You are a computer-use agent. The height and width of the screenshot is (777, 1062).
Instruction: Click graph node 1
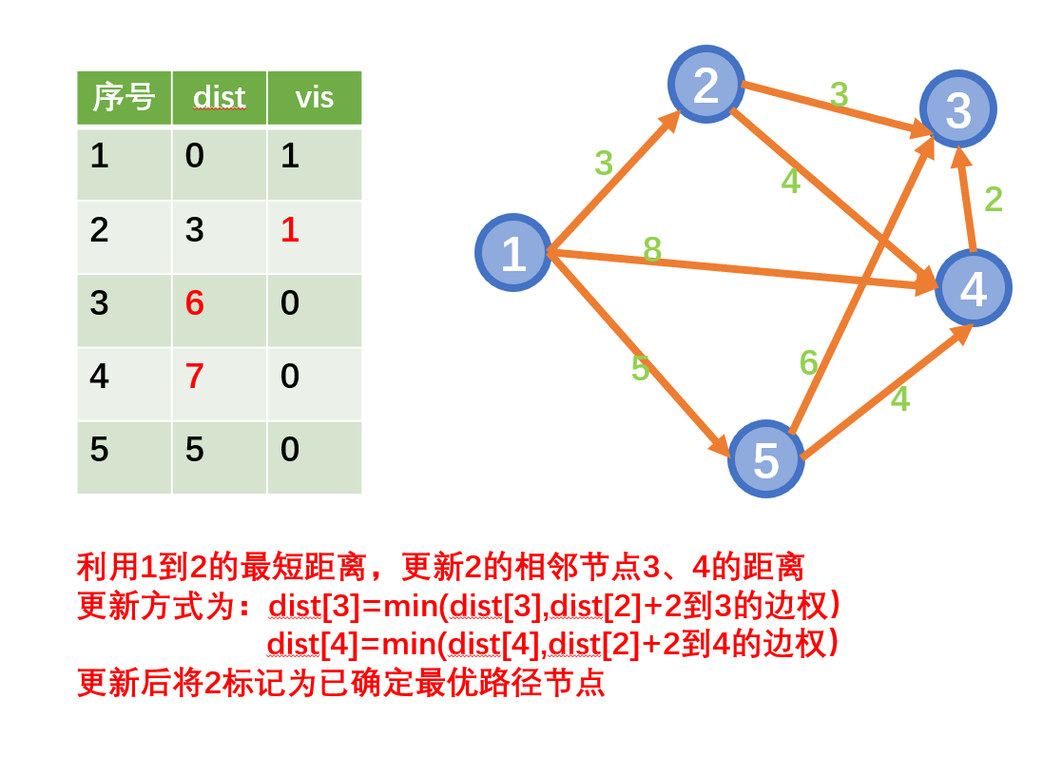point(513,253)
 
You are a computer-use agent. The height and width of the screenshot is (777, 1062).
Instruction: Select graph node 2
point(706,85)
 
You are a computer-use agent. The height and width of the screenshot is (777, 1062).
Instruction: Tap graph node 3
point(957,108)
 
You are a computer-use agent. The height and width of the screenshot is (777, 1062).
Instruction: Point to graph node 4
point(973,288)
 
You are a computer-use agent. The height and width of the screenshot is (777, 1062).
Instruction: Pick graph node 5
point(765,458)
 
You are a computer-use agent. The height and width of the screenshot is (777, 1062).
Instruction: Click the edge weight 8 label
point(652,249)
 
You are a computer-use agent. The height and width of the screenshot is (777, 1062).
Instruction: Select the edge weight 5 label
point(640,368)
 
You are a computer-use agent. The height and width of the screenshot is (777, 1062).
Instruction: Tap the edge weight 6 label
point(809,362)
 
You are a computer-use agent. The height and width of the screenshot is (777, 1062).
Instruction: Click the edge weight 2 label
point(994,199)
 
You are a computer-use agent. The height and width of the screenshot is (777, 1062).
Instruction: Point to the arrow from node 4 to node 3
point(966,200)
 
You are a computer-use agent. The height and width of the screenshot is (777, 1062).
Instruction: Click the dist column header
point(219,97)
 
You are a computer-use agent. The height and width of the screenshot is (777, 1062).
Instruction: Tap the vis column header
point(314,97)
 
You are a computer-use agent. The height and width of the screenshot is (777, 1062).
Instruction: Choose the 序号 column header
point(124,97)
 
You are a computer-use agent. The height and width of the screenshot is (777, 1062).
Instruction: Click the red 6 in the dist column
point(195,303)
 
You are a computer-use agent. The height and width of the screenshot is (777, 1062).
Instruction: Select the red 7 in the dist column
point(195,377)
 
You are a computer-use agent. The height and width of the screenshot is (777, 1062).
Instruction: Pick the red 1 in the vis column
point(290,230)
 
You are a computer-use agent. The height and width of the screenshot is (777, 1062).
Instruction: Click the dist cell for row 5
point(195,450)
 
